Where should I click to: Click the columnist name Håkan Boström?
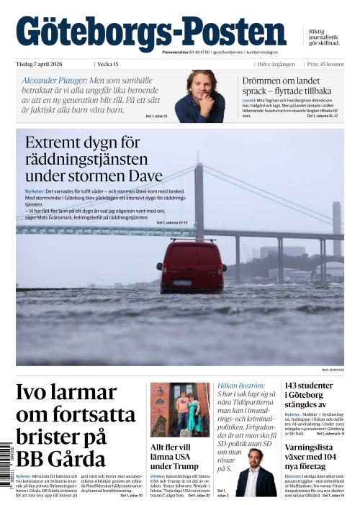(241, 386)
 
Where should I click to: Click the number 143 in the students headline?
(297, 386)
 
